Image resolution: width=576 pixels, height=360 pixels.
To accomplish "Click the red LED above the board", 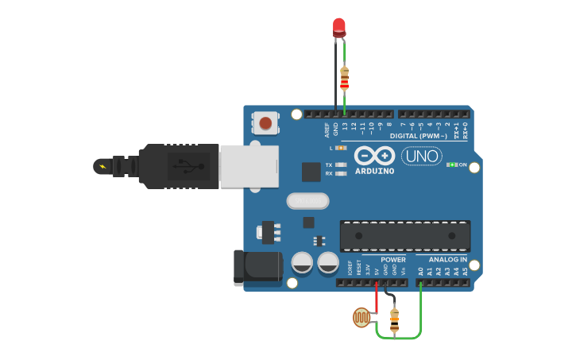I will click(x=339, y=27).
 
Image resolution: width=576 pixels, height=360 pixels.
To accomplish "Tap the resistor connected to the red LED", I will click(x=344, y=78).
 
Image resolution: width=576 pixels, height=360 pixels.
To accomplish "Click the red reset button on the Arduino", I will click(x=266, y=122).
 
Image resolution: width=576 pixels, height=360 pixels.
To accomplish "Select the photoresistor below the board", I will click(x=361, y=317).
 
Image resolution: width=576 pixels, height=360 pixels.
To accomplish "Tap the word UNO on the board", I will click(x=422, y=156).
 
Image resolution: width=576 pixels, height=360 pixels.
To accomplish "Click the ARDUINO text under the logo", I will click(x=374, y=171).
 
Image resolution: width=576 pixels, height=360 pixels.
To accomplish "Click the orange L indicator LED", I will click(x=341, y=148).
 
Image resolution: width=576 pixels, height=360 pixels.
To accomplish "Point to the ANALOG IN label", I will click(x=447, y=260).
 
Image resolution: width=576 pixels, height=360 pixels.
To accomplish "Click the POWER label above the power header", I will click(x=392, y=260).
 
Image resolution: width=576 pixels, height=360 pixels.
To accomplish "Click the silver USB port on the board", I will click(x=249, y=166).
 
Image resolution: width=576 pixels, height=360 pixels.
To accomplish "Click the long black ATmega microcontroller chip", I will click(x=404, y=235).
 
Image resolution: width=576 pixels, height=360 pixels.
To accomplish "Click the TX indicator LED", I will click(x=341, y=165).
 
